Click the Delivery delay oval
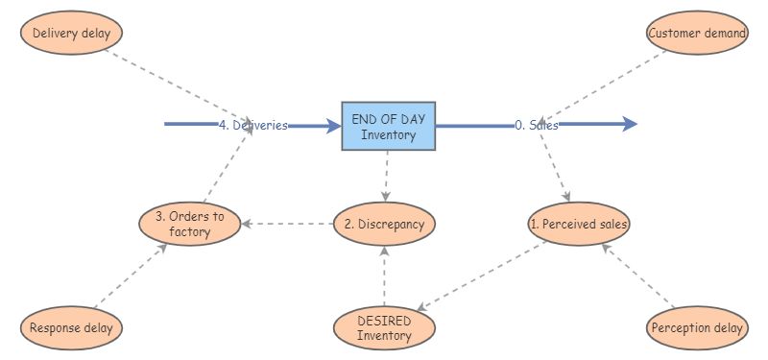(x=71, y=34)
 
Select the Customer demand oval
(x=697, y=34)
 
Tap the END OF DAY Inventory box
(x=388, y=126)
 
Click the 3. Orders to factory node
(x=189, y=224)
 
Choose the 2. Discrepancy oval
(x=384, y=224)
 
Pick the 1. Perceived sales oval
(x=579, y=224)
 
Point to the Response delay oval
(x=71, y=328)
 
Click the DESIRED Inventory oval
(x=384, y=328)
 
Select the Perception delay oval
(x=697, y=328)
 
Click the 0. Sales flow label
(x=536, y=125)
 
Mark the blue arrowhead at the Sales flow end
(x=629, y=124)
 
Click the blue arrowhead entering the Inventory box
(x=333, y=125)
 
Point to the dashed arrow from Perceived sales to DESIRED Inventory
(x=480, y=276)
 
